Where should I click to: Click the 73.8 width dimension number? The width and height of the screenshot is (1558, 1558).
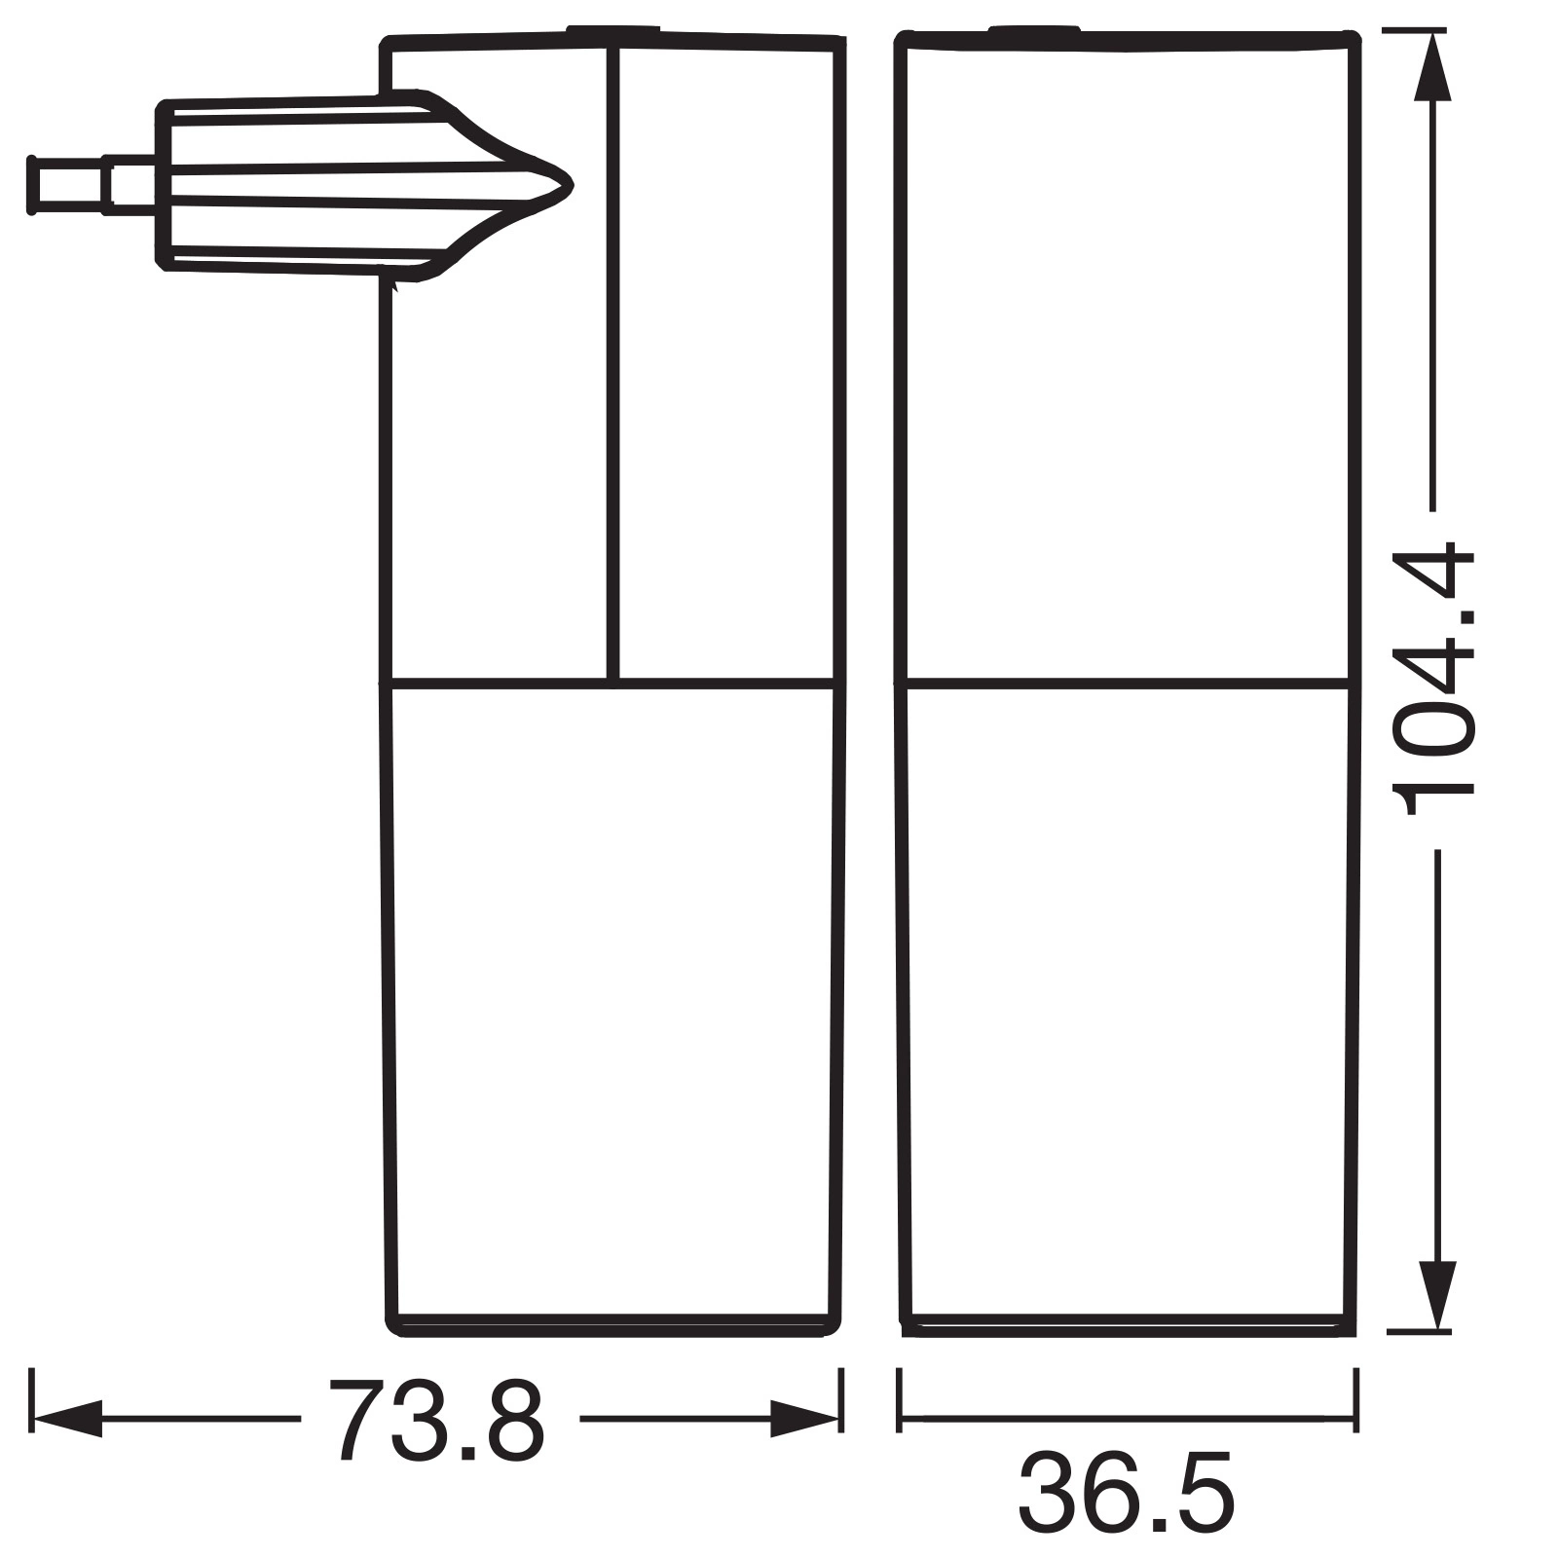click(435, 1419)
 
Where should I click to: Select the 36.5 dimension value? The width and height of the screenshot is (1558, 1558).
click(1127, 1494)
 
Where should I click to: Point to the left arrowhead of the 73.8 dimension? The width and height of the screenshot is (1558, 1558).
click(68, 1419)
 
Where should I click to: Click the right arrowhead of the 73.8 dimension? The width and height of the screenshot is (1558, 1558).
click(804, 1419)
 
